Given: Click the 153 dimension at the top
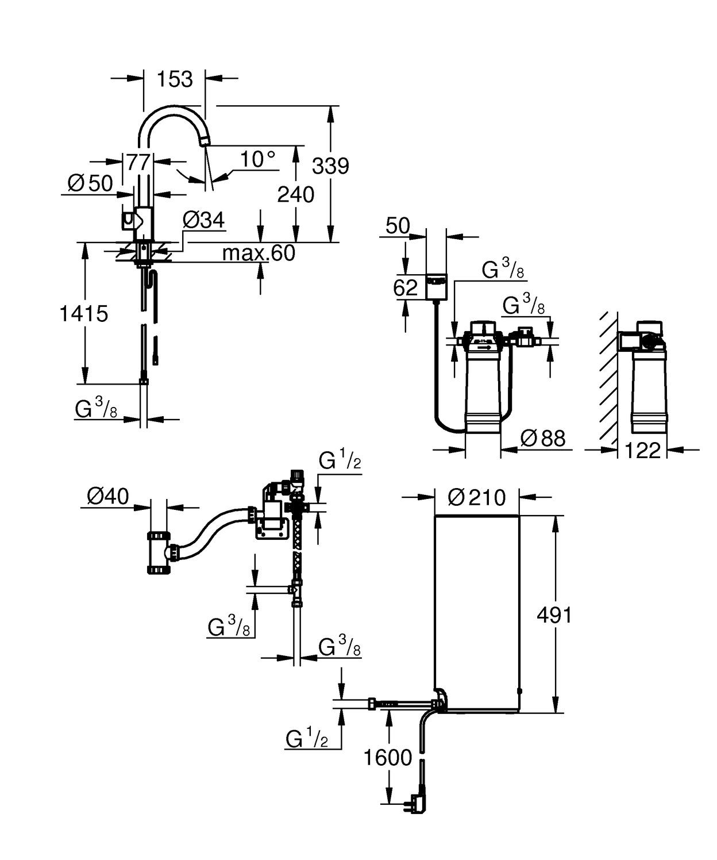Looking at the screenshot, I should tap(175, 79).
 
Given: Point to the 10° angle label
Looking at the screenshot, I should tap(257, 159).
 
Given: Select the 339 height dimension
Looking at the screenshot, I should tap(330, 166).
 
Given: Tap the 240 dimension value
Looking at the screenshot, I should tap(295, 195).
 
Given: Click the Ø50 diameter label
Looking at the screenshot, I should tap(90, 183).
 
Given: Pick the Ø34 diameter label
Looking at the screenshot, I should tap(203, 220).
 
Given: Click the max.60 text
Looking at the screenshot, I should tap(259, 252).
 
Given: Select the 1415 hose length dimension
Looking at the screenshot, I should tap(84, 314).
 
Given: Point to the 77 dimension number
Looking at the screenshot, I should tap(138, 163).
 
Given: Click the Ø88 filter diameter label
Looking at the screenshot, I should tap(542, 438).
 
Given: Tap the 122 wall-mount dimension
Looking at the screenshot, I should tap(642, 450).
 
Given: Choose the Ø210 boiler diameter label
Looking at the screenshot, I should tap(476, 497).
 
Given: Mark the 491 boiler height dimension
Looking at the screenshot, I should tap(554, 615).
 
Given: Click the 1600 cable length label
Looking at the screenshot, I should tap(388, 757).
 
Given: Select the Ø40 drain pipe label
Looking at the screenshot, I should tap(108, 496).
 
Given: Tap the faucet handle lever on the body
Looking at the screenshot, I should tap(127, 220).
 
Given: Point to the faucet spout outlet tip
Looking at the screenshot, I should tap(205, 141).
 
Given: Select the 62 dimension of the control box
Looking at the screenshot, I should tap(405, 287).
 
